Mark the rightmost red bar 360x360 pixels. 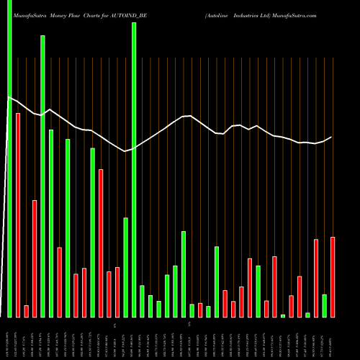pyautogui.click(x=333, y=277)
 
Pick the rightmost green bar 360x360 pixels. pyautogui.click(x=324, y=306)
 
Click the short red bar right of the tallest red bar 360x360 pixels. pyautogui.click(x=26, y=311)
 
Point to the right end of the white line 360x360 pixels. pyautogui.click(x=331, y=138)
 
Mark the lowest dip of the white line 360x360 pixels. pyautogui.click(x=125, y=151)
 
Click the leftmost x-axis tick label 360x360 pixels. pyautogui.click(x=9, y=338)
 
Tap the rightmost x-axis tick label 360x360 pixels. pyautogui.click(x=333, y=338)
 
